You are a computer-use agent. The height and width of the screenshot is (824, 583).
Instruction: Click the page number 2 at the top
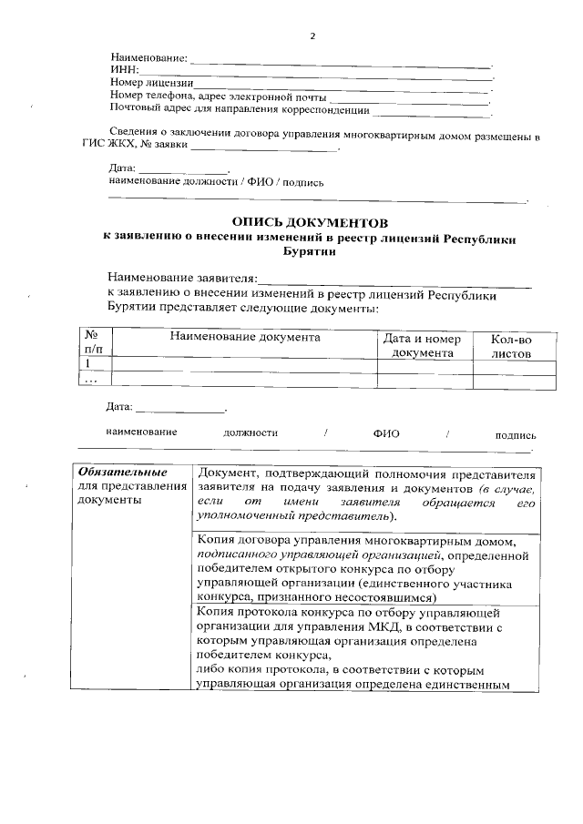[x=312, y=36]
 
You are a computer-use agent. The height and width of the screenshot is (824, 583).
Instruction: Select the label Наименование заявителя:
[x=182, y=277]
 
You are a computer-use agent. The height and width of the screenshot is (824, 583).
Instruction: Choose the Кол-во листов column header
[x=510, y=345]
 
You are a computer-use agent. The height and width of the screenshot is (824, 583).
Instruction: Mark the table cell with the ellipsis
[x=91, y=379]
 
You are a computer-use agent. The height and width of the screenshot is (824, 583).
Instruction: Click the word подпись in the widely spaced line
[x=515, y=434]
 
